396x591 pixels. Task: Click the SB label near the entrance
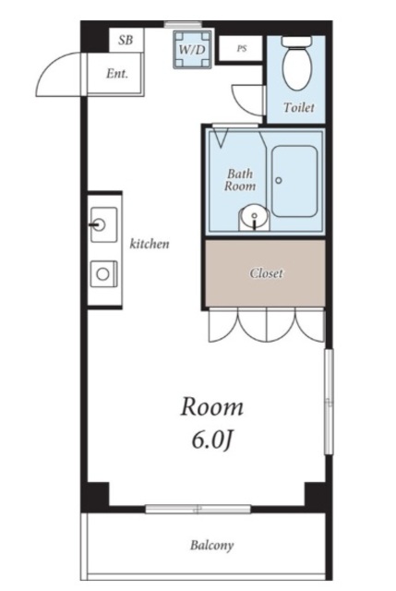point(126,40)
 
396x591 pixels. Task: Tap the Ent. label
point(117,73)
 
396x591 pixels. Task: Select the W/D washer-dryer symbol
point(192,49)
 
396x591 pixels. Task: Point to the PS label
point(242,49)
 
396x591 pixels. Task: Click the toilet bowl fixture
point(297,64)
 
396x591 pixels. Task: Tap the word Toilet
point(299,107)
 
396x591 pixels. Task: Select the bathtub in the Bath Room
point(294,181)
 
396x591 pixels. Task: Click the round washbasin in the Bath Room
point(255,217)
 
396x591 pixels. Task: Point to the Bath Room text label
point(240,180)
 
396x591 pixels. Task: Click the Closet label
point(266,273)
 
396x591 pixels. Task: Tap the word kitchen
point(150,244)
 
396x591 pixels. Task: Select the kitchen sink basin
point(103,225)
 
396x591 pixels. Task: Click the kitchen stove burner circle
point(102,274)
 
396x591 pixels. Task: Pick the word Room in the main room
point(211,407)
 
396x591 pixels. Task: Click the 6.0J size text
point(211,440)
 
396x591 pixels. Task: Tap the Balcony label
point(211,545)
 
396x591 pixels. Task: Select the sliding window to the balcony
point(198,509)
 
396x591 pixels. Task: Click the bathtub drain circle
point(279,181)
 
